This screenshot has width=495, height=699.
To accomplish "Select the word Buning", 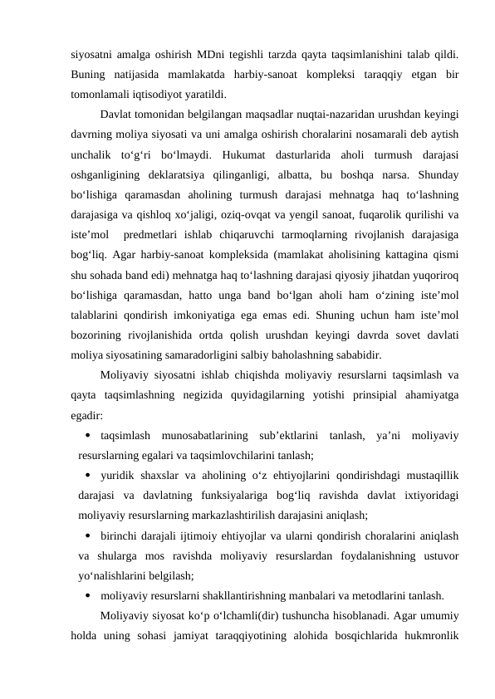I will [x=91, y=75].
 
